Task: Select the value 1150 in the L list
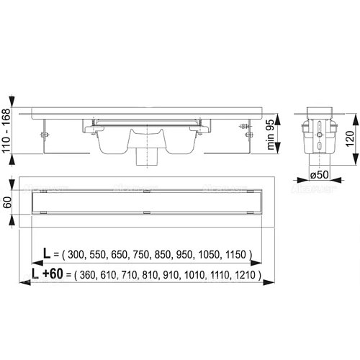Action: click(x=235, y=255)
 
